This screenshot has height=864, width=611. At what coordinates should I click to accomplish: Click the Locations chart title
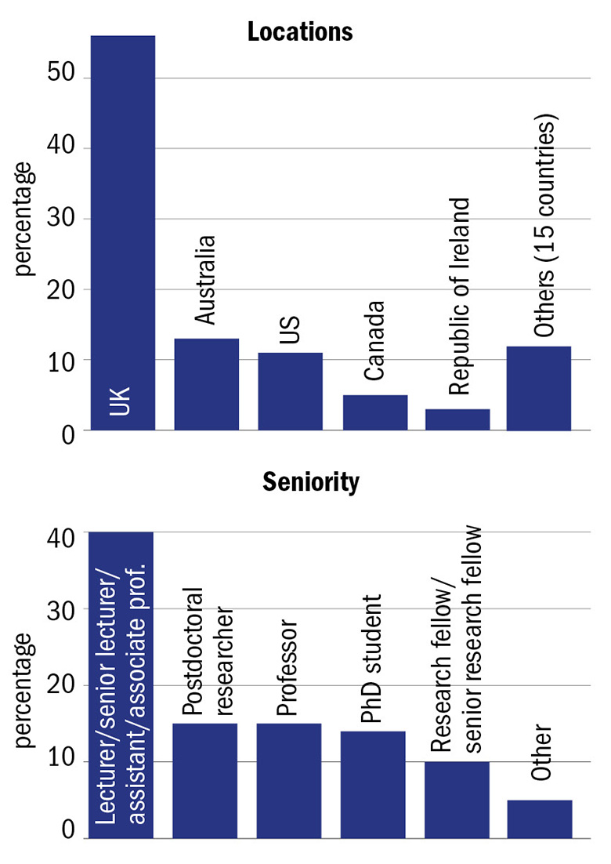(x=300, y=32)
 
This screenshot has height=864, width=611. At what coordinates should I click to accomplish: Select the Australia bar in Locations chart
(x=206, y=384)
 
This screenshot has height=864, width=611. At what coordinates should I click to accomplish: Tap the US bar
(x=290, y=391)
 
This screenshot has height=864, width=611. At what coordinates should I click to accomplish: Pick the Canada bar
(x=374, y=412)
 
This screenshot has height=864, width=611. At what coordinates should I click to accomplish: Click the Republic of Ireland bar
(x=457, y=419)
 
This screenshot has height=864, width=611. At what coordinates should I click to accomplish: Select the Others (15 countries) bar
(x=539, y=388)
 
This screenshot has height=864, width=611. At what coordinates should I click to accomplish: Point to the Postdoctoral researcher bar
(x=204, y=780)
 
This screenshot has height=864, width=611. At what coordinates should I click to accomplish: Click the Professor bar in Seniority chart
(x=288, y=780)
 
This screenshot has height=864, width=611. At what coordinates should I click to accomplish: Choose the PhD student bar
(x=373, y=784)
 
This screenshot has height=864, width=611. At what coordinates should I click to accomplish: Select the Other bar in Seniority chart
(x=539, y=819)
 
